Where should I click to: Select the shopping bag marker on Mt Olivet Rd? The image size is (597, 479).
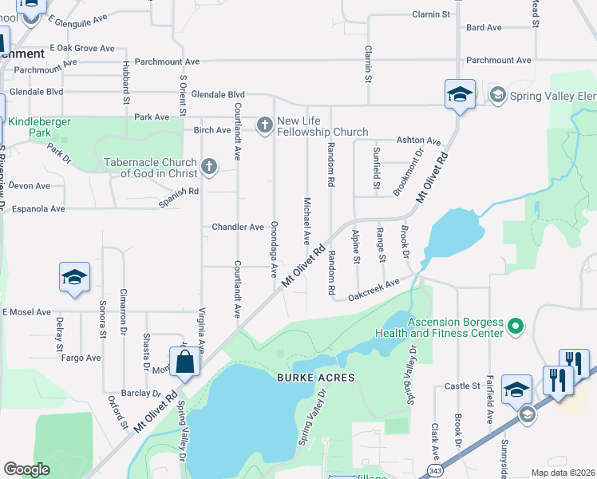pyautogui.click(x=184, y=362)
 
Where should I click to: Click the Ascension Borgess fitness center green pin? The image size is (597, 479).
pyautogui.click(x=516, y=327)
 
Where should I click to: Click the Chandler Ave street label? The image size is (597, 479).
pyautogui.click(x=238, y=227)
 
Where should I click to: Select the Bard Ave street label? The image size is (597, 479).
pyautogui.click(x=484, y=27)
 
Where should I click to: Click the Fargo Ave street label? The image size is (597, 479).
pyautogui.click(x=81, y=358)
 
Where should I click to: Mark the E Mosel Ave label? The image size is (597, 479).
pyautogui.click(x=26, y=312)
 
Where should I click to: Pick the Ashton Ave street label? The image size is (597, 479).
pyautogui.click(x=424, y=141)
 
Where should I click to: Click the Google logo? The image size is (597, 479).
pyautogui.click(x=26, y=469)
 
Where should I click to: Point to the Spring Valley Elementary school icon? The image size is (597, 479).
pyautogui.click(x=497, y=96)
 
